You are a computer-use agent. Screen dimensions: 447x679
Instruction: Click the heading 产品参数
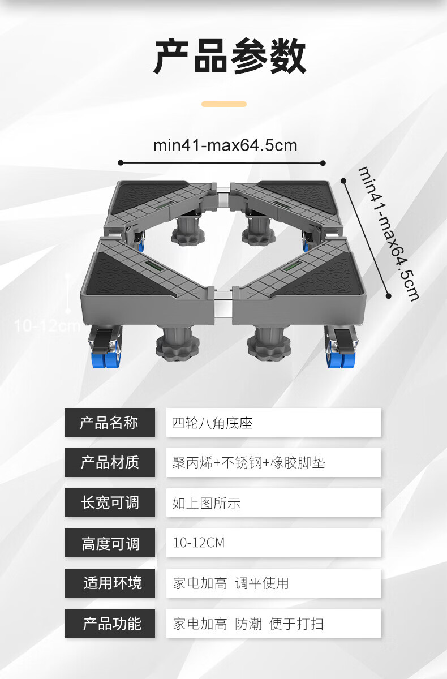point(229,57)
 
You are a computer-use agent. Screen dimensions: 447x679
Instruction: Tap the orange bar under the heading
point(224,104)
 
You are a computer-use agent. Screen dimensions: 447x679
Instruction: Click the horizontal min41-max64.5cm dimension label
point(225,145)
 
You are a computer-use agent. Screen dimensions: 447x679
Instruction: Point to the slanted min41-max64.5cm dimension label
point(388,233)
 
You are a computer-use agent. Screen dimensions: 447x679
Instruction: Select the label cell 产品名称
point(109,423)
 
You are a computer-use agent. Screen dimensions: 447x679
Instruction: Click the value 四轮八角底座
point(212,423)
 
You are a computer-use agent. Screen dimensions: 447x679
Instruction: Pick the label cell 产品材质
point(109,463)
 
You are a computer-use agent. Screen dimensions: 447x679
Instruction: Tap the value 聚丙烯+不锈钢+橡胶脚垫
point(248,463)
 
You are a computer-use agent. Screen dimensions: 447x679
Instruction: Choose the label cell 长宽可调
point(109,503)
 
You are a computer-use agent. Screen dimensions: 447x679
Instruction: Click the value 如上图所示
point(207,503)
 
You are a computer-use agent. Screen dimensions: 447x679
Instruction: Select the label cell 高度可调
point(109,543)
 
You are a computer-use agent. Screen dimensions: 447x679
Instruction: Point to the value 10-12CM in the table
point(199,543)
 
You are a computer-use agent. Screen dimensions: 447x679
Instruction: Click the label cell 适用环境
point(109,583)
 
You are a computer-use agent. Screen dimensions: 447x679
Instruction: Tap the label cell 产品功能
point(109,624)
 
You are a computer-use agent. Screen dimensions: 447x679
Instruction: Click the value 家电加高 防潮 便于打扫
point(248,624)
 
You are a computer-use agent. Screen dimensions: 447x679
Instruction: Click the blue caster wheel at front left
point(104,359)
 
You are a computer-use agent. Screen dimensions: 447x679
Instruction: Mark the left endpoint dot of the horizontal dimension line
point(121,163)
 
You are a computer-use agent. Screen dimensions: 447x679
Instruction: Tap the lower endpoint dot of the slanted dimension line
point(389,295)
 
